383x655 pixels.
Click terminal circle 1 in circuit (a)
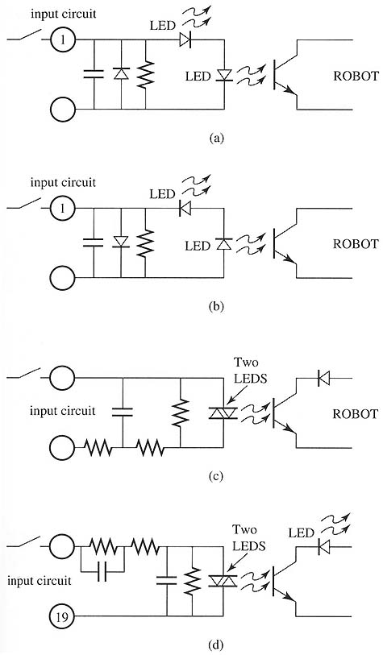pyautogui.click(x=63, y=40)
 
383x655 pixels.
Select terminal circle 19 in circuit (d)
pyautogui.click(x=63, y=616)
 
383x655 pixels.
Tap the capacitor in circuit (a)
pyautogui.click(x=94, y=74)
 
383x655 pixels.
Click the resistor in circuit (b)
pyautogui.click(x=145, y=243)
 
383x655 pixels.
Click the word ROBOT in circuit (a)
pyautogui.click(x=356, y=76)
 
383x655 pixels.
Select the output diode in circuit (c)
pyautogui.click(x=323, y=378)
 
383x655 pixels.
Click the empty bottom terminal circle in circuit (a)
pyautogui.click(x=63, y=110)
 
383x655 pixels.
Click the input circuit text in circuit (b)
pyautogui.click(x=63, y=183)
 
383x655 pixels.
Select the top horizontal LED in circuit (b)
pyautogui.click(x=185, y=208)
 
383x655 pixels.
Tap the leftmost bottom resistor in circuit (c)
pyautogui.click(x=98, y=448)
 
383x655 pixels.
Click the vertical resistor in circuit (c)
pyautogui.click(x=180, y=412)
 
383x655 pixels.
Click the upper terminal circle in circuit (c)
pyautogui.click(x=63, y=378)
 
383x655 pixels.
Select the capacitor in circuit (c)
pyautogui.click(x=123, y=412)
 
